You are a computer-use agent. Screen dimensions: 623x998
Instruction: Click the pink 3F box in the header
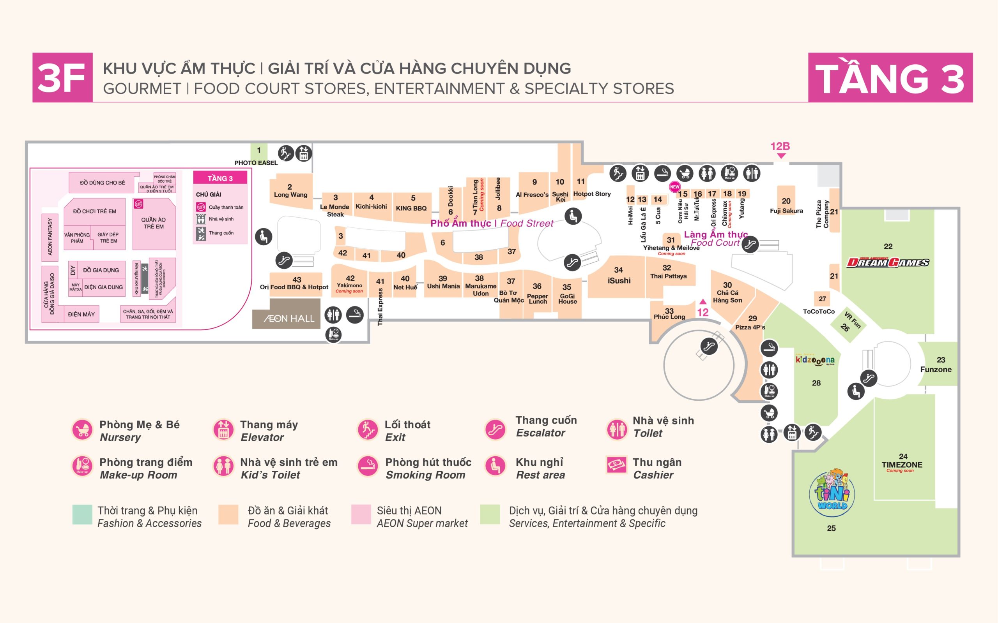(x=62, y=77)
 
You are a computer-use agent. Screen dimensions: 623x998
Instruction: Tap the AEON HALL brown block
(x=287, y=314)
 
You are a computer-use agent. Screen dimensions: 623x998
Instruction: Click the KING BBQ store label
(x=411, y=208)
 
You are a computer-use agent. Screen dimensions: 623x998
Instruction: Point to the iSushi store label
(x=619, y=281)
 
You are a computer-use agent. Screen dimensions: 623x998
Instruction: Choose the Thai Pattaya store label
(x=668, y=276)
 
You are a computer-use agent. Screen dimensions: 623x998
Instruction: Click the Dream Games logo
(x=888, y=262)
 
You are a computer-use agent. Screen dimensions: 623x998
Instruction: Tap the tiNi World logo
(x=832, y=493)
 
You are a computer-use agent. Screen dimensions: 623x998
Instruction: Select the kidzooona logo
(x=815, y=360)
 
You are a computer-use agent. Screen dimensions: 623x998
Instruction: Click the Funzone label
(x=936, y=369)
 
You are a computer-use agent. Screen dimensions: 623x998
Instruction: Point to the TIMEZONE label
(x=902, y=465)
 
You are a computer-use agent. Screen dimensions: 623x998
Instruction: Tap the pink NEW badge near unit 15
(x=675, y=187)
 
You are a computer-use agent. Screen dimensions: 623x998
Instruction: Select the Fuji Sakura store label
(x=786, y=211)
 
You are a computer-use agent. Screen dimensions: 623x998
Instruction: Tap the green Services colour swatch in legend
(x=490, y=514)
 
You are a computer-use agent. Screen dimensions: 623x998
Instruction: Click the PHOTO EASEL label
(x=256, y=163)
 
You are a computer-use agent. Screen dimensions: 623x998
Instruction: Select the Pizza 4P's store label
(x=750, y=327)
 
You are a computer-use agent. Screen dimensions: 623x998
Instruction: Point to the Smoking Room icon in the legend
(x=368, y=466)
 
